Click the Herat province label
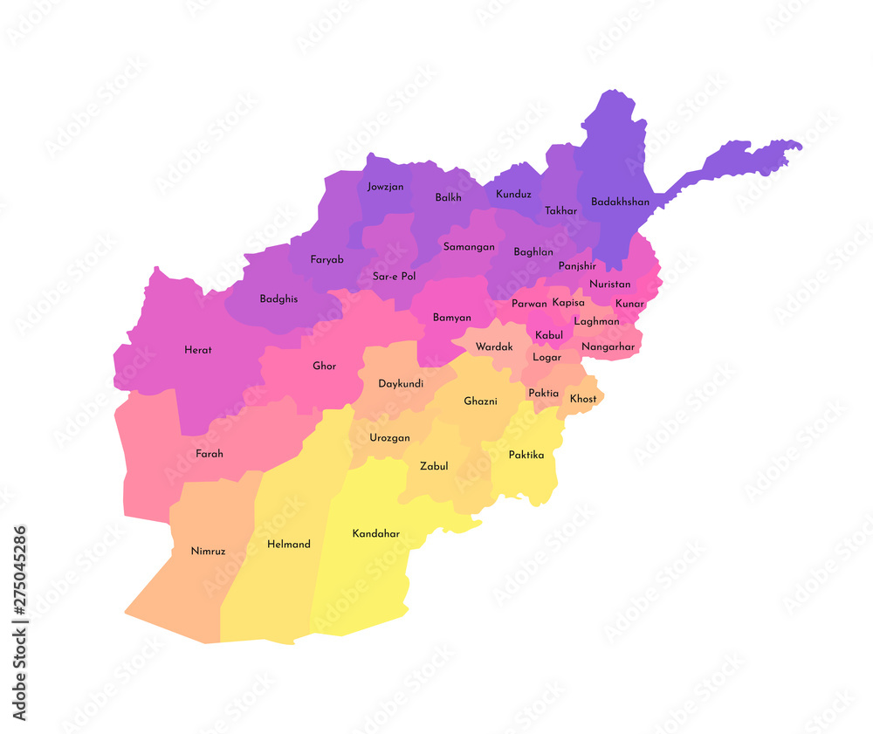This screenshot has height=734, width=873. (x=198, y=350)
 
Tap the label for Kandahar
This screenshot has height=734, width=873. (x=376, y=533)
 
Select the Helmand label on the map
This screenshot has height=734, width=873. (x=289, y=545)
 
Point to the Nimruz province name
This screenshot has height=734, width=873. (x=208, y=551)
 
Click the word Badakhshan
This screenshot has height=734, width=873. (x=620, y=202)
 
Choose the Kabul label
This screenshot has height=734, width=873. (x=549, y=335)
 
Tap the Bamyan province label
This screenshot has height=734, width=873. (x=452, y=318)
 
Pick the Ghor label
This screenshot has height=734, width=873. (x=324, y=367)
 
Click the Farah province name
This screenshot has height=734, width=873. (x=210, y=454)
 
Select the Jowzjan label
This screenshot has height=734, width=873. (x=385, y=186)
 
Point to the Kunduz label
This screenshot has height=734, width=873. (x=513, y=194)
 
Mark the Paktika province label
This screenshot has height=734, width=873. (x=526, y=455)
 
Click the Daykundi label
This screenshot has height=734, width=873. (x=401, y=384)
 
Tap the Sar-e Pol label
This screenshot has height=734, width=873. (x=394, y=276)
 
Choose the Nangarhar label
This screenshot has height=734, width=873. (x=608, y=346)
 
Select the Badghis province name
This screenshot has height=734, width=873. (x=278, y=298)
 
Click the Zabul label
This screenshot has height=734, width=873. (x=434, y=466)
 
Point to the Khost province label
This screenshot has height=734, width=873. (x=583, y=399)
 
